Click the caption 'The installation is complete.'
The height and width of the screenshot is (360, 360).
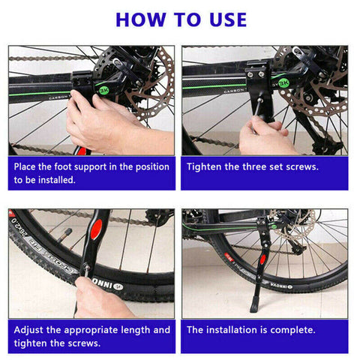[x=251, y=329]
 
